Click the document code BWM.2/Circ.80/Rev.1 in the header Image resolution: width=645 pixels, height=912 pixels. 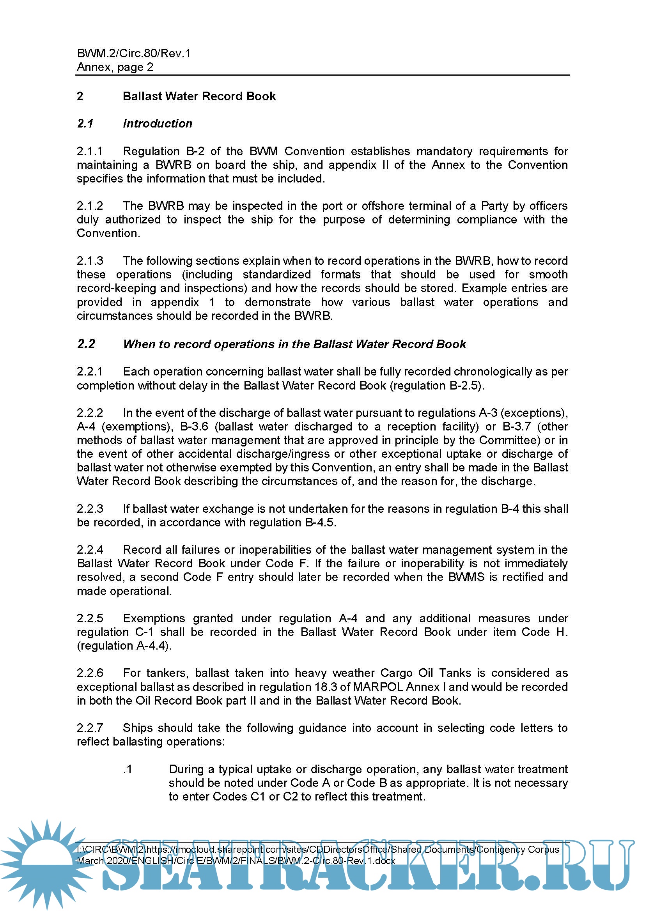pyautogui.click(x=133, y=53)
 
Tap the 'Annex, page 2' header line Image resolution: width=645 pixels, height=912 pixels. pyautogui.click(x=115, y=67)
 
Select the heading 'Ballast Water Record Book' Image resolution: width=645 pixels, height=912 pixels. pyautogui.click(x=199, y=96)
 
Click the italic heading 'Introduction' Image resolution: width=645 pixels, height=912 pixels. pyautogui.click(x=157, y=124)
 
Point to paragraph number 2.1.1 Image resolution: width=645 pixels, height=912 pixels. pyautogui.click(x=90, y=151)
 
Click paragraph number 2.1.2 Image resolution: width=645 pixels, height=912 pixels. pyautogui.click(x=90, y=206)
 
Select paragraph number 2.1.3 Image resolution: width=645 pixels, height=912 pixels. pyautogui.click(x=90, y=261)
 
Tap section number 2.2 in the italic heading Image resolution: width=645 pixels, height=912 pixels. pyautogui.click(x=86, y=344)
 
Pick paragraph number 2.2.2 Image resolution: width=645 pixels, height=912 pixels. pyautogui.click(x=90, y=413)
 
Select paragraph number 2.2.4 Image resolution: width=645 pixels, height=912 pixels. pyautogui.click(x=90, y=550)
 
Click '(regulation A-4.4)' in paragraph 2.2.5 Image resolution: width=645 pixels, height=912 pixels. pyautogui.click(x=124, y=646)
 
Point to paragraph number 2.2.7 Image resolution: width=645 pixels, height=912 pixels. pyautogui.click(x=90, y=728)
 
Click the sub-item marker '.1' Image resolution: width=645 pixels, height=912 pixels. pyautogui.click(x=128, y=769)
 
